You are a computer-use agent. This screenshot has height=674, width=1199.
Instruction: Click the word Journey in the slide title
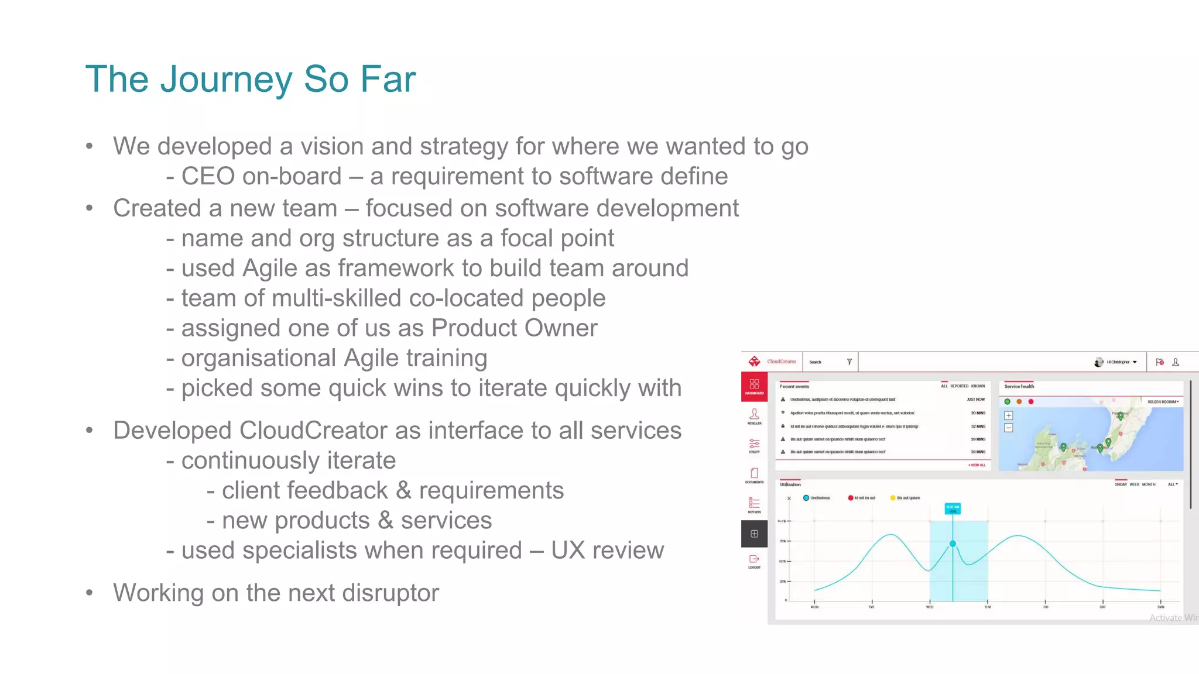[x=226, y=79]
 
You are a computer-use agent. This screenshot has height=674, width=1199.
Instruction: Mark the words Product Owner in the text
[x=514, y=328]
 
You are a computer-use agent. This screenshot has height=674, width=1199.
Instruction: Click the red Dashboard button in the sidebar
[x=754, y=386]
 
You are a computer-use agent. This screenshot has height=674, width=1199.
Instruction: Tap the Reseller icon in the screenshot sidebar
[x=754, y=415]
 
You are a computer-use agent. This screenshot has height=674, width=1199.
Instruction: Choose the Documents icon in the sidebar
[x=754, y=474]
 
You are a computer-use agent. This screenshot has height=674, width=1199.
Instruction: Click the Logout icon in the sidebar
[x=754, y=561]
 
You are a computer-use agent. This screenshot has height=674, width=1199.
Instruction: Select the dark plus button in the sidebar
[x=754, y=534]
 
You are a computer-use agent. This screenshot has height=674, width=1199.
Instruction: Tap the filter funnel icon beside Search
[x=849, y=362]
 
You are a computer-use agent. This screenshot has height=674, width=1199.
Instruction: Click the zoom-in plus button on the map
[x=1008, y=415]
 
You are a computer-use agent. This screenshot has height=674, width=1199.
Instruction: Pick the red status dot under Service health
[x=1031, y=402]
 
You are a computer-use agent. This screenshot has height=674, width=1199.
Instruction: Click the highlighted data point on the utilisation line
[x=953, y=544]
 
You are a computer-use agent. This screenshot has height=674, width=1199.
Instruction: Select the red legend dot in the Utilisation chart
[x=850, y=498]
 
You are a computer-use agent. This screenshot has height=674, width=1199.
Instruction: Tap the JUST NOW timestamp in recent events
[x=975, y=400]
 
